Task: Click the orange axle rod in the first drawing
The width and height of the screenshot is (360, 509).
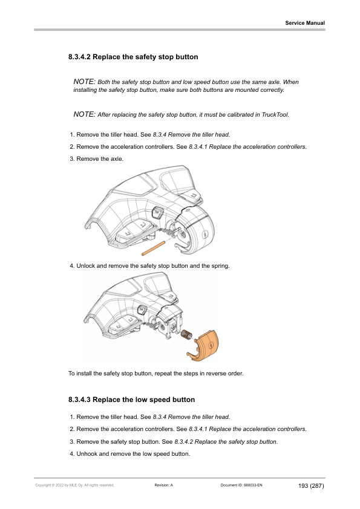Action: pos(153,247)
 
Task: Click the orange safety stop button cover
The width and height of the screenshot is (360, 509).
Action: pos(203,346)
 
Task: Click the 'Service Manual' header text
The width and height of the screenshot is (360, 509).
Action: pos(305,23)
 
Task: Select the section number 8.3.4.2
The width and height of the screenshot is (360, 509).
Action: pos(80,57)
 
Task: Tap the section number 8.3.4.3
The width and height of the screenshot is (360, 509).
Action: pos(80,400)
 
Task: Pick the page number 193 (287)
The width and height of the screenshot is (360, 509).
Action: pos(311,485)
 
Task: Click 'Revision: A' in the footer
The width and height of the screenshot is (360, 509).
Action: pos(164,485)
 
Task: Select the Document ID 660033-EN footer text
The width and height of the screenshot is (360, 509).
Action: pos(241,485)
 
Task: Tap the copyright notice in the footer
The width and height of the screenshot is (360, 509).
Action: pos(75,485)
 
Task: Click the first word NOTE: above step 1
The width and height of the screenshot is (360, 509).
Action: pos(85,82)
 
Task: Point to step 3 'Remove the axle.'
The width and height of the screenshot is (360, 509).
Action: pos(96,159)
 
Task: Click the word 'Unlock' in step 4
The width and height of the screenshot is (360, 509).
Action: pos(86,266)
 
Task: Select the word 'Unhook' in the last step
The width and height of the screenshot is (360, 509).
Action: pos(87,454)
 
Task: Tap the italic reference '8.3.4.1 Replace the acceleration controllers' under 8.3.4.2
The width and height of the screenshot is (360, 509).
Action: pos(247,147)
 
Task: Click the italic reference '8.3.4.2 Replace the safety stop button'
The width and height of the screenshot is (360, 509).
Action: pos(226,442)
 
